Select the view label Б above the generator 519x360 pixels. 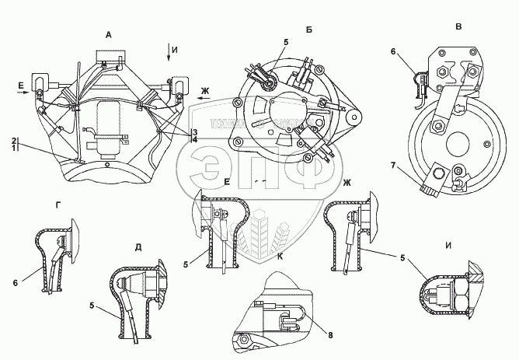coord(309,30)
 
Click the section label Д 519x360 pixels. coord(138,248)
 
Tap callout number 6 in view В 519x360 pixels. coord(394,51)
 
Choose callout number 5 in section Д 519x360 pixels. coord(94,306)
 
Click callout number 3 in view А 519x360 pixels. coord(196,132)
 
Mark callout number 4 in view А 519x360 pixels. coord(196,140)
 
